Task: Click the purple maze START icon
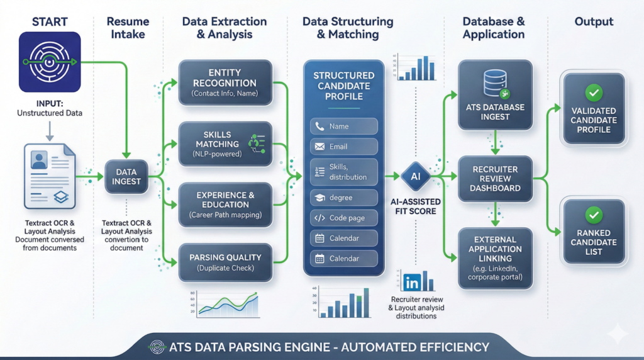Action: pyautogui.click(x=49, y=62)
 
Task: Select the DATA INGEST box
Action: pyautogui.click(x=128, y=176)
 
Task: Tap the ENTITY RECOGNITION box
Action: pyautogui.click(x=225, y=83)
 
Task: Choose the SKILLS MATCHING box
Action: pyautogui.click(x=225, y=144)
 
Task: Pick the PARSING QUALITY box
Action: pyautogui.click(x=225, y=262)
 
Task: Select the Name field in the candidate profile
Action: pyautogui.click(x=343, y=127)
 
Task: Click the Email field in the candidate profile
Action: pyautogui.click(x=343, y=147)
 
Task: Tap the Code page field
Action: pyautogui.click(x=343, y=218)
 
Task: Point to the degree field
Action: pyautogui.click(x=343, y=198)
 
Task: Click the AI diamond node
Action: pyautogui.click(x=415, y=177)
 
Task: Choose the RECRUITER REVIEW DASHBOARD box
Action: pyautogui.click(x=496, y=179)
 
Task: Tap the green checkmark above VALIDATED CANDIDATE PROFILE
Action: pyautogui.click(x=593, y=93)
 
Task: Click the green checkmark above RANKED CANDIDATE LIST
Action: pyautogui.click(x=593, y=215)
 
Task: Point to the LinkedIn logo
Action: pyautogui.click(x=412, y=282)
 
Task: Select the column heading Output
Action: pyautogui.click(x=594, y=22)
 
